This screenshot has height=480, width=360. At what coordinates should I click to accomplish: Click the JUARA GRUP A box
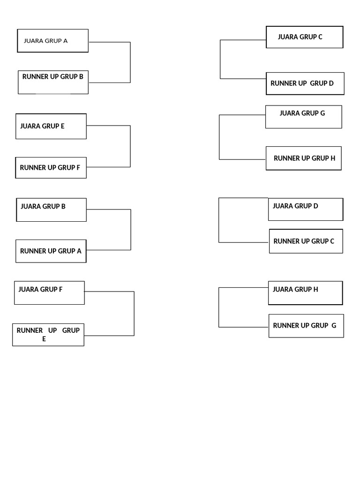[52, 41]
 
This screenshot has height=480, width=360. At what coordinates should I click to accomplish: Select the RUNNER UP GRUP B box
[53, 82]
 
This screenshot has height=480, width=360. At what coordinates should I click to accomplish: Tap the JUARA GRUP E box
[51, 126]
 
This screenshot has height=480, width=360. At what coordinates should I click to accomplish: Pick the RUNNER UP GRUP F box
[51, 167]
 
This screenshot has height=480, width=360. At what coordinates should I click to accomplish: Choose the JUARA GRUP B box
[51, 210]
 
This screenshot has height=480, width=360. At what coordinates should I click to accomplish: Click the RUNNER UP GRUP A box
[51, 251]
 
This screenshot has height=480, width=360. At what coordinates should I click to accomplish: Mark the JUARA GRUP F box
[49, 292]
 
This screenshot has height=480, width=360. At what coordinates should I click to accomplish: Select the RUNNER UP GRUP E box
[48, 334]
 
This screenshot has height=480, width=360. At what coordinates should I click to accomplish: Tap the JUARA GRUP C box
[305, 37]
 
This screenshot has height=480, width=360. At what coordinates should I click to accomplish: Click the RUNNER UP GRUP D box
[305, 83]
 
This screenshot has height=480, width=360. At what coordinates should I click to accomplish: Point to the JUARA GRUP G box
[303, 117]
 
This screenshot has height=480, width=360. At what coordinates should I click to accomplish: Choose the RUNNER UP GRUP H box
[303, 158]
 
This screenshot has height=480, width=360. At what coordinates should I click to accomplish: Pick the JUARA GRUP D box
[305, 209]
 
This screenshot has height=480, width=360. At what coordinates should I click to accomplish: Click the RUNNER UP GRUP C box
[306, 241]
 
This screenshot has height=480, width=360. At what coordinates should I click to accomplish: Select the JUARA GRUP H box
[305, 292]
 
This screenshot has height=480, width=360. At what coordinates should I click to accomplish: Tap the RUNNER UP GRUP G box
[306, 325]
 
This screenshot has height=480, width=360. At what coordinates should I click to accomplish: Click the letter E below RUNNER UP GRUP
[44, 339]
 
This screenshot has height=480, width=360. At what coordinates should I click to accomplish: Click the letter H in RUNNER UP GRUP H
[333, 158]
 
